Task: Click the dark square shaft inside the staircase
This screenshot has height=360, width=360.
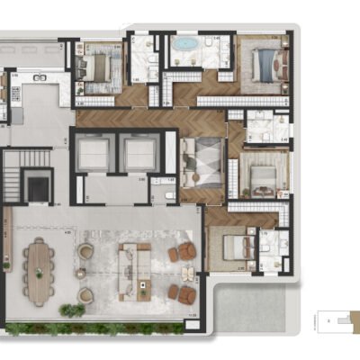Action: tap(38, 188)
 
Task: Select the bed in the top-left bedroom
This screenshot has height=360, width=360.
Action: tap(95, 65)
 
